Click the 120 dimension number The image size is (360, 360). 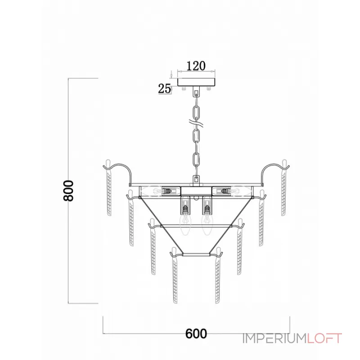click(x=196, y=66)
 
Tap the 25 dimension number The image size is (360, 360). click(x=165, y=89)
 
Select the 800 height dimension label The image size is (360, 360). click(x=69, y=191)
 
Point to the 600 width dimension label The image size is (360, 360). click(x=196, y=333)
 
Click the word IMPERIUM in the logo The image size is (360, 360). click(x=274, y=338)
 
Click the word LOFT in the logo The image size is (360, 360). click(x=324, y=338)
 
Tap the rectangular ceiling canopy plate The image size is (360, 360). click(x=197, y=82)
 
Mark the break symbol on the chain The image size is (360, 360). click(x=196, y=124)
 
